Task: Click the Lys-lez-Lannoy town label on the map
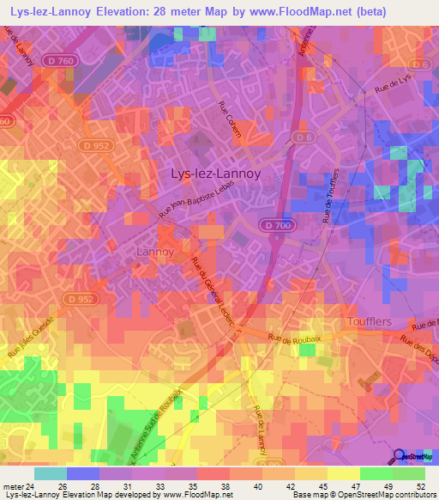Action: coord(215,173)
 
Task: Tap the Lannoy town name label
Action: coord(155,252)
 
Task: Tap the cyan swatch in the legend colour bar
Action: coord(51,473)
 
